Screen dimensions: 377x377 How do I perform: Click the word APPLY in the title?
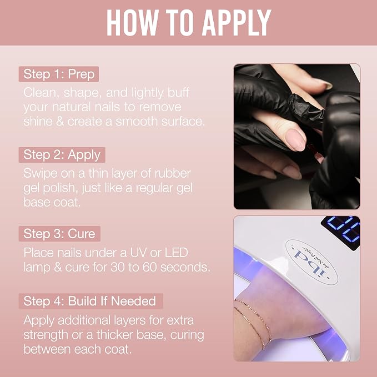[x=237, y=23]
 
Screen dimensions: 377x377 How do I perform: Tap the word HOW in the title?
[x=132, y=23]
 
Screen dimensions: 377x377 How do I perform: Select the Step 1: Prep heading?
[x=59, y=74]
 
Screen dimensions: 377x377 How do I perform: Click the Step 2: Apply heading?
[x=62, y=155]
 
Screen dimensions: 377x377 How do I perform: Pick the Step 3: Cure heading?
[x=59, y=234]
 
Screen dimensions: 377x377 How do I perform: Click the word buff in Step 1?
[x=178, y=93]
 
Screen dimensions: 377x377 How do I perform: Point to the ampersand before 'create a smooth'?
[x=60, y=122]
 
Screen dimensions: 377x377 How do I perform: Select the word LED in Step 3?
[x=176, y=253]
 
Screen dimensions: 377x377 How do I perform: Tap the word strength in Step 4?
[x=46, y=335]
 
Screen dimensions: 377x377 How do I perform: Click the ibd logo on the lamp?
[x=312, y=262]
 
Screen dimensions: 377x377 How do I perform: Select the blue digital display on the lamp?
[x=341, y=232]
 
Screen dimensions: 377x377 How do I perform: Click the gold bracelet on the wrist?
[x=255, y=320]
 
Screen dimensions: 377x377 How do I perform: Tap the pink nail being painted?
[x=296, y=140]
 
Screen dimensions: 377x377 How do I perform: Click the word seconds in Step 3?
[x=185, y=267]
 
